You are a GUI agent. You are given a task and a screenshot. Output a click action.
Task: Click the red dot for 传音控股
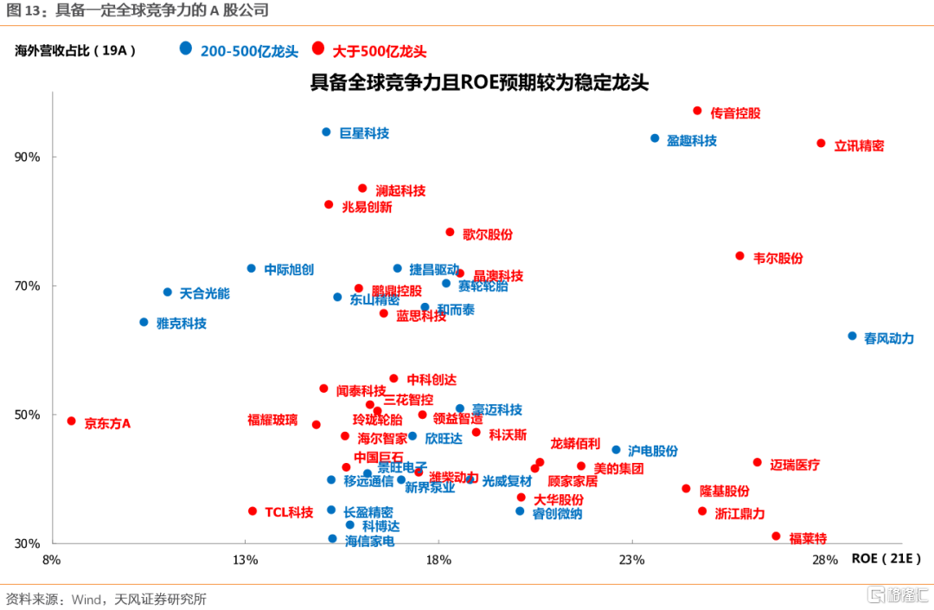click(x=697, y=111)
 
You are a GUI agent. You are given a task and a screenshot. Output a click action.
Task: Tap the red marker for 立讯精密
click(x=821, y=144)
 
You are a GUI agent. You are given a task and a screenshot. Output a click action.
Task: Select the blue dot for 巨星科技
click(x=326, y=132)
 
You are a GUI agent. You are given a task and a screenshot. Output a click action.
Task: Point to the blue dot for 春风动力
click(x=852, y=336)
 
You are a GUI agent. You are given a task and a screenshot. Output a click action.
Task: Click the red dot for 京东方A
click(x=71, y=421)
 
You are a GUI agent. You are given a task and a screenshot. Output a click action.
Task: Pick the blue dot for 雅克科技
click(x=144, y=322)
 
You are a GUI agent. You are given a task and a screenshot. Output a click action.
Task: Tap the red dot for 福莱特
click(x=776, y=536)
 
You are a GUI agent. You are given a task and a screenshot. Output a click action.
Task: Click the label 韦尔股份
click(x=778, y=258)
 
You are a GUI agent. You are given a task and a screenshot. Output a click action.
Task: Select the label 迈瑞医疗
click(x=795, y=465)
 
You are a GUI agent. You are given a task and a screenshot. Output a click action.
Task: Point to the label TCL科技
click(x=289, y=512)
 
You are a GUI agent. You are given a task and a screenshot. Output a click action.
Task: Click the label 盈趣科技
click(x=692, y=140)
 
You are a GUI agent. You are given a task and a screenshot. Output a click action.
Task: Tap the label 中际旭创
click(x=289, y=269)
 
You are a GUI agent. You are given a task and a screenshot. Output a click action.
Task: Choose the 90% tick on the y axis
click(x=28, y=157)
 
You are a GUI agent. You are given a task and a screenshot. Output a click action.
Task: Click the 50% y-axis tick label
click(x=28, y=414)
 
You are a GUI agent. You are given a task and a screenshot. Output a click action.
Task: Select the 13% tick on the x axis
click(x=246, y=560)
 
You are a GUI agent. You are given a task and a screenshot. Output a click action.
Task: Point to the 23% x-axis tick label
click(x=632, y=560)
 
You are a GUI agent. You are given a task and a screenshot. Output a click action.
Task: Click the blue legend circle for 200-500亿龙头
click(x=186, y=48)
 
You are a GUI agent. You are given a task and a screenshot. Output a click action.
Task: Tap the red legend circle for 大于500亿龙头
click(x=318, y=48)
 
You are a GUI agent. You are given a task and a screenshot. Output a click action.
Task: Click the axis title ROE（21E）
click(x=886, y=558)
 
